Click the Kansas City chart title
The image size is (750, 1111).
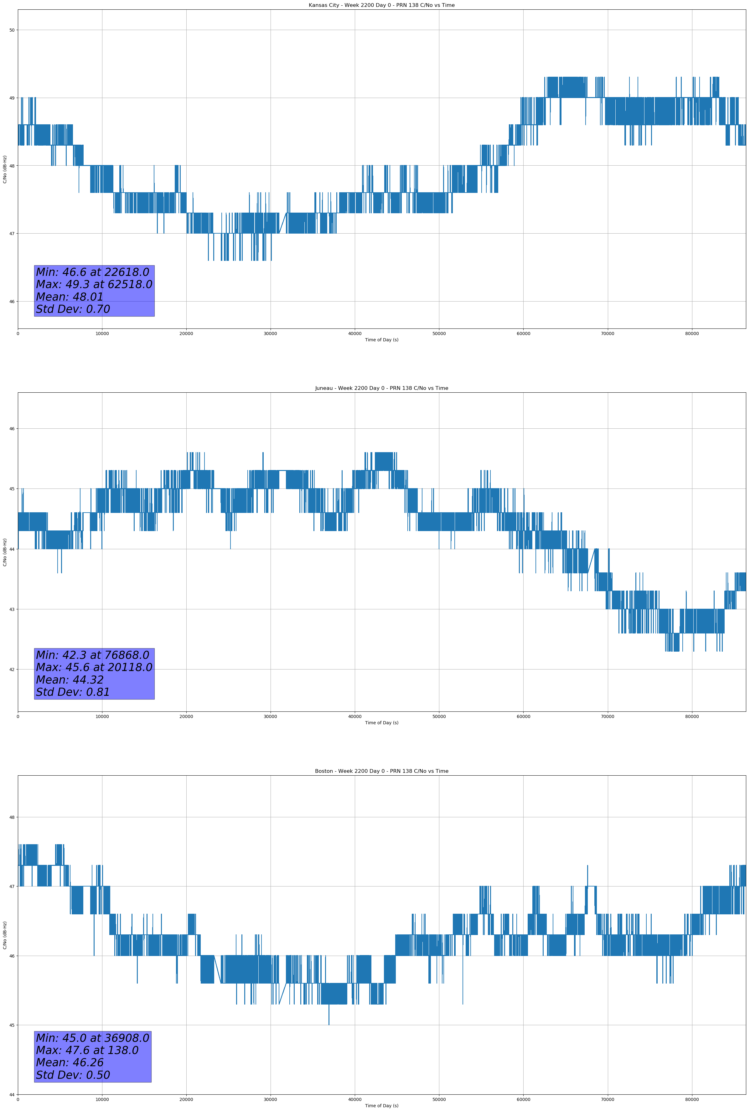(381, 5)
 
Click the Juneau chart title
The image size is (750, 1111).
(381, 388)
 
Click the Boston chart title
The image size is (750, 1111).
(381, 771)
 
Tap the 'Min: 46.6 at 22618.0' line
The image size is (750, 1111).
(92, 272)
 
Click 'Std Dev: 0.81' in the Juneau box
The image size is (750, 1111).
(73, 692)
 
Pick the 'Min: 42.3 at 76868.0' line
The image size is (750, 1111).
(92, 655)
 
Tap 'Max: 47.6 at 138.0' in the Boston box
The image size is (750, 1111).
(87, 1050)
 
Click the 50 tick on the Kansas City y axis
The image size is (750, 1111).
(12, 30)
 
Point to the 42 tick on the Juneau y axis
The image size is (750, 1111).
(12, 669)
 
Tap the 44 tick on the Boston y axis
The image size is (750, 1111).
(12, 1094)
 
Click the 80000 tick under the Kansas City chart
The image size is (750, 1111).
(692, 334)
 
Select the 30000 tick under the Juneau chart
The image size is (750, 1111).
(271, 716)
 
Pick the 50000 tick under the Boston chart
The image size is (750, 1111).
(439, 1099)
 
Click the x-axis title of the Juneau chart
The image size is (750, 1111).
(381, 723)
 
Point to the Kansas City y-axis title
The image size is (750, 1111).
(5, 169)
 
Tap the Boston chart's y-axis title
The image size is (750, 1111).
(5, 935)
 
